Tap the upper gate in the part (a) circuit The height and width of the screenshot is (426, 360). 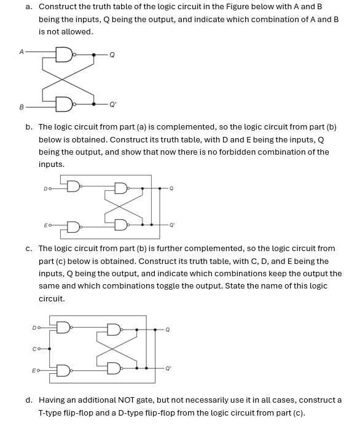point(64,55)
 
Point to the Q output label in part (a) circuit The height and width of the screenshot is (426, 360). point(112,55)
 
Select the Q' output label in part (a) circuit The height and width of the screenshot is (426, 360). point(112,103)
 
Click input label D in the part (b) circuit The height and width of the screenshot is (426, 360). point(45,188)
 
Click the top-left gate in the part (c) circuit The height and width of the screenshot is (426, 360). point(63,328)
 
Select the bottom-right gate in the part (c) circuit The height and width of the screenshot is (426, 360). point(115,368)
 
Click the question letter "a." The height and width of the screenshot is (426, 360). point(29,6)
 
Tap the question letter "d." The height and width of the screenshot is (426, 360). point(29,400)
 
